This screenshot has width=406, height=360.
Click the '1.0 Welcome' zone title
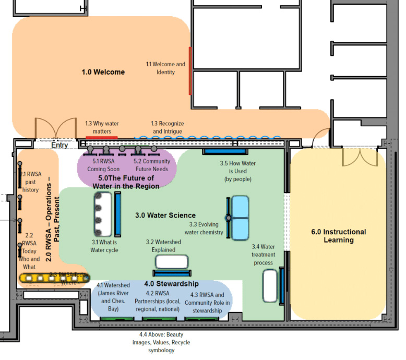pyautogui.click(x=103, y=72)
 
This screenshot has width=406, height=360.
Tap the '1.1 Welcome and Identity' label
pyautogui.click(x=165, y=68)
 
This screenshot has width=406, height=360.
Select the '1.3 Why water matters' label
pyautogui.click(x=102, y=127)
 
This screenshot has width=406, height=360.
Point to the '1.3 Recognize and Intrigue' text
pyautogui.click(x=168, y=127)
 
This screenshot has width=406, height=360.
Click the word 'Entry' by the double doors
pyautogui.click(x=59, y=146)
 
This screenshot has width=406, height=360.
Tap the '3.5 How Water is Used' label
pyautogui.click(x=237, y=171)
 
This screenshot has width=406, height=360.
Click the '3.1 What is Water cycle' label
pyautogui.click(x=105, y=246)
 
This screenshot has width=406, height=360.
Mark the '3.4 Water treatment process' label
pyautogui.click(x=263, y=255)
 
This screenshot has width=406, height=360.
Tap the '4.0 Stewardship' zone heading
pyautogui.click(x=171, y=284)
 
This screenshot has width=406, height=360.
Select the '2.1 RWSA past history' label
pyautogui.click(x=30, y=182)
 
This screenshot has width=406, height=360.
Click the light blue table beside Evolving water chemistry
pyautogui.click(x=241, y=218)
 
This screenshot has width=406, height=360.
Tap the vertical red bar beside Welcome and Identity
pyautogui.click(x=190, y=70)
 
